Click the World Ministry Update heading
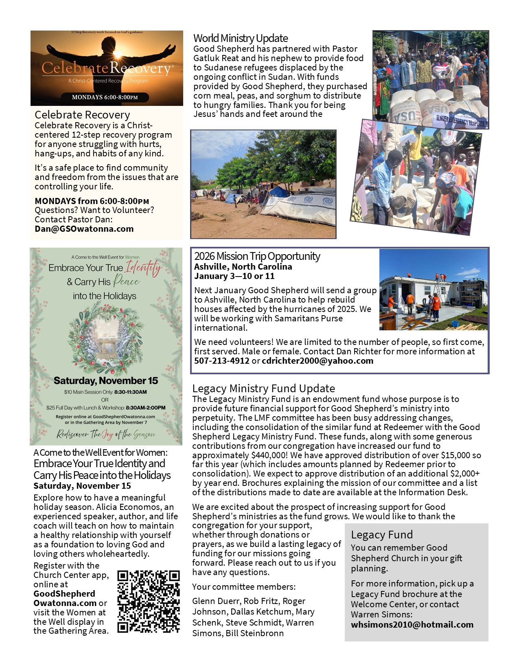pos(241,38)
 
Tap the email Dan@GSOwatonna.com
pos(84,229)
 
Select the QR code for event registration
pos(149,602)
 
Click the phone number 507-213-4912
pos(221,361)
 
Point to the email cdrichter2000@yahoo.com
pos(318,361)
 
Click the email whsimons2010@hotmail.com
pos(412,625)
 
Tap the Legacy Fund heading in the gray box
pos(382,535)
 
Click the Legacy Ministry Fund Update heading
pos(264,389)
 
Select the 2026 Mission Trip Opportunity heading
pos(257,256)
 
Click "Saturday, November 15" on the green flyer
pos(106,381)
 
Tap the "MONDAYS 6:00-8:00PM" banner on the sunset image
pos(105,97)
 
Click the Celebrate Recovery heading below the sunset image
pos(82,115)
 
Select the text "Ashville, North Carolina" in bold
pos(243,267)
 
